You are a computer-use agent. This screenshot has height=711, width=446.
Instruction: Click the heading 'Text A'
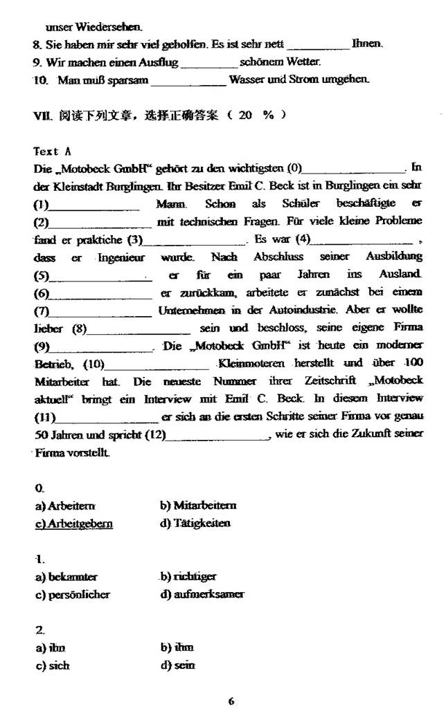[52, 151]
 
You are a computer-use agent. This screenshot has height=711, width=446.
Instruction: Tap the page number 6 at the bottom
[231, 701]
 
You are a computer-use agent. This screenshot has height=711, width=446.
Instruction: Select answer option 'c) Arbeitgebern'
[73, 524]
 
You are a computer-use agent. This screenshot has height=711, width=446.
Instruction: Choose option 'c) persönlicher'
[72, 594]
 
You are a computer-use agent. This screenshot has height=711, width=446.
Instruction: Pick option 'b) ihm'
[177, 648]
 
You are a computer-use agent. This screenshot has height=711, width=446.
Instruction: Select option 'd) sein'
[177, 665]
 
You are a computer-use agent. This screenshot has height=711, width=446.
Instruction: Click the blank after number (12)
[218, 436]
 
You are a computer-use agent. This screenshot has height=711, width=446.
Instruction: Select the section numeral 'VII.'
[42, 115]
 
